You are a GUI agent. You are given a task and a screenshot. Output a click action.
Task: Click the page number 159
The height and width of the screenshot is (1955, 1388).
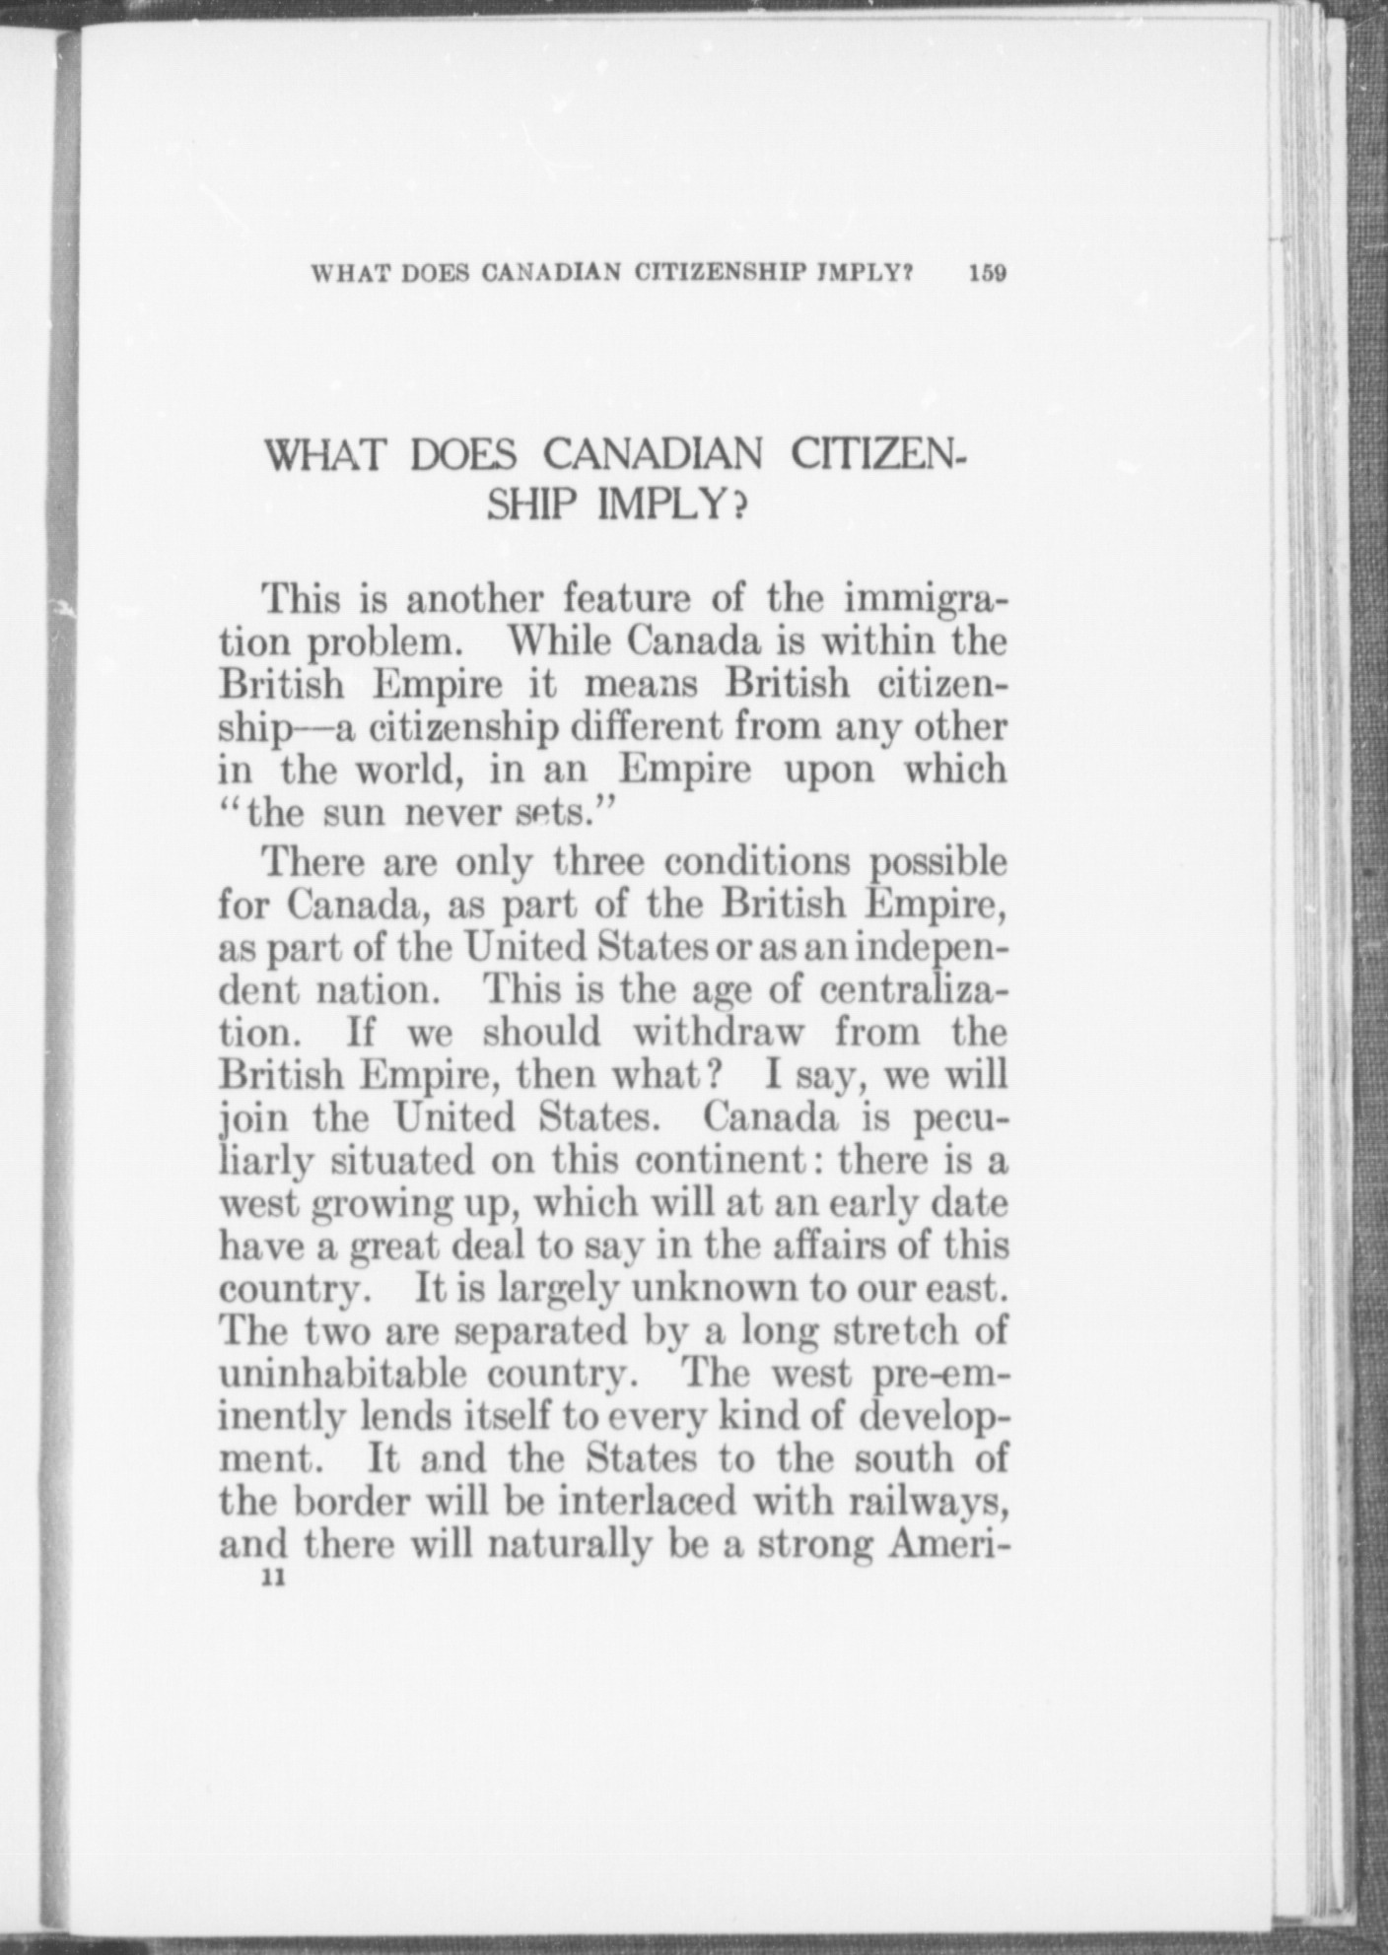(986, 273)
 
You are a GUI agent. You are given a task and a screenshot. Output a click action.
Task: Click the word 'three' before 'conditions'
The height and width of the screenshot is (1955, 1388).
(599, 862)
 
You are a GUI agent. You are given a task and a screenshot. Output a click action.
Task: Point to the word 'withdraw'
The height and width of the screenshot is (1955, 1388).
(718, 1032)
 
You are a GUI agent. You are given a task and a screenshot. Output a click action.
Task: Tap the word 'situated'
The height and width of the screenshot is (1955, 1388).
(404, 1161)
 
